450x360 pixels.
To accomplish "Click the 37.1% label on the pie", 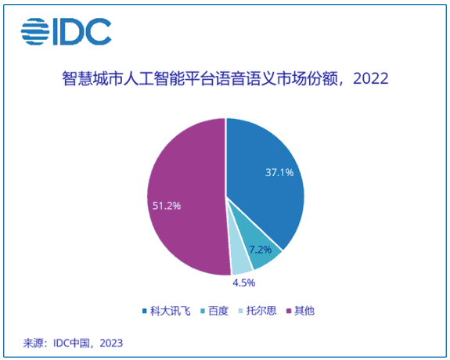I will pyautogui.click(x=279, y=173).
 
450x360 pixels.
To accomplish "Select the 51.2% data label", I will pyautogui.click(x=165, y=206).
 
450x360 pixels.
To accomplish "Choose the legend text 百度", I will pyautogui.click(x=221, y=311).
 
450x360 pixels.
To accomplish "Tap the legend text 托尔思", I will pyautogui.click(x=263, y=311).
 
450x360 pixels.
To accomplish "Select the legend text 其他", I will pyautogui.click(x=305, y=311).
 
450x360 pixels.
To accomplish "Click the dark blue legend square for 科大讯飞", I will pyautogui.click(x=145, y=311).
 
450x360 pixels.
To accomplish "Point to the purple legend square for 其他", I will pyautogui.click(x=287, y=311).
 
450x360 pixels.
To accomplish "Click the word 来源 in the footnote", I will pyautogui.click(x=34, y=343).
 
